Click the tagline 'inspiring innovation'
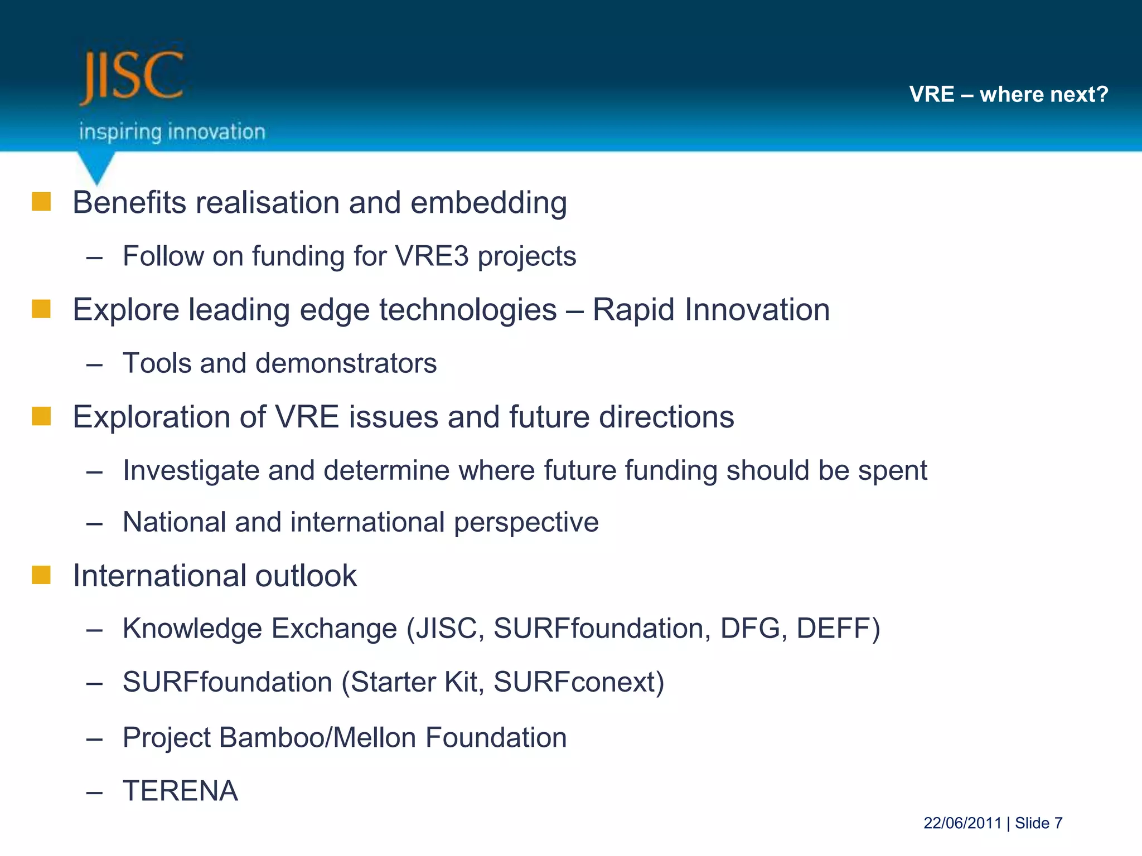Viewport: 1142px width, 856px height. tap(172, 132)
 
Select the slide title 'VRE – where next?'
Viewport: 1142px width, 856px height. tap(1008, 94)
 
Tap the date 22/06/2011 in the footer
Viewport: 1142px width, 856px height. tap(962, 823)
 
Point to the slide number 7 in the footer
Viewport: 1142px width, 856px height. tap(1058, 823)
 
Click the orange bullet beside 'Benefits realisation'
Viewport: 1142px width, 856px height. tap(41, 202)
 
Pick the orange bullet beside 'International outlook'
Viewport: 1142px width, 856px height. tap(41, 575)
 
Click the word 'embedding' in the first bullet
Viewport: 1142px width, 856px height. tap(488, 203)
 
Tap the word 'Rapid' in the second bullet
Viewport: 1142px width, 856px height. tap(633, 310)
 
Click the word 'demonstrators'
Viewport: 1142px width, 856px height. tap(346, 363)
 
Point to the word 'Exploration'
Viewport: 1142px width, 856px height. tap(151, 417)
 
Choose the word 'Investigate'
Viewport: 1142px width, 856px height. tap(191, 471)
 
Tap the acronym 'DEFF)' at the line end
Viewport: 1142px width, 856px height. tap(838, 629)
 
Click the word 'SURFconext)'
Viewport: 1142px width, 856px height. tap(579, 682)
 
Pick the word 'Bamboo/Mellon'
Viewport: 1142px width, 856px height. tap(317, 738)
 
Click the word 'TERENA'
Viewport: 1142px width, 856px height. tap(180, 791)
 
